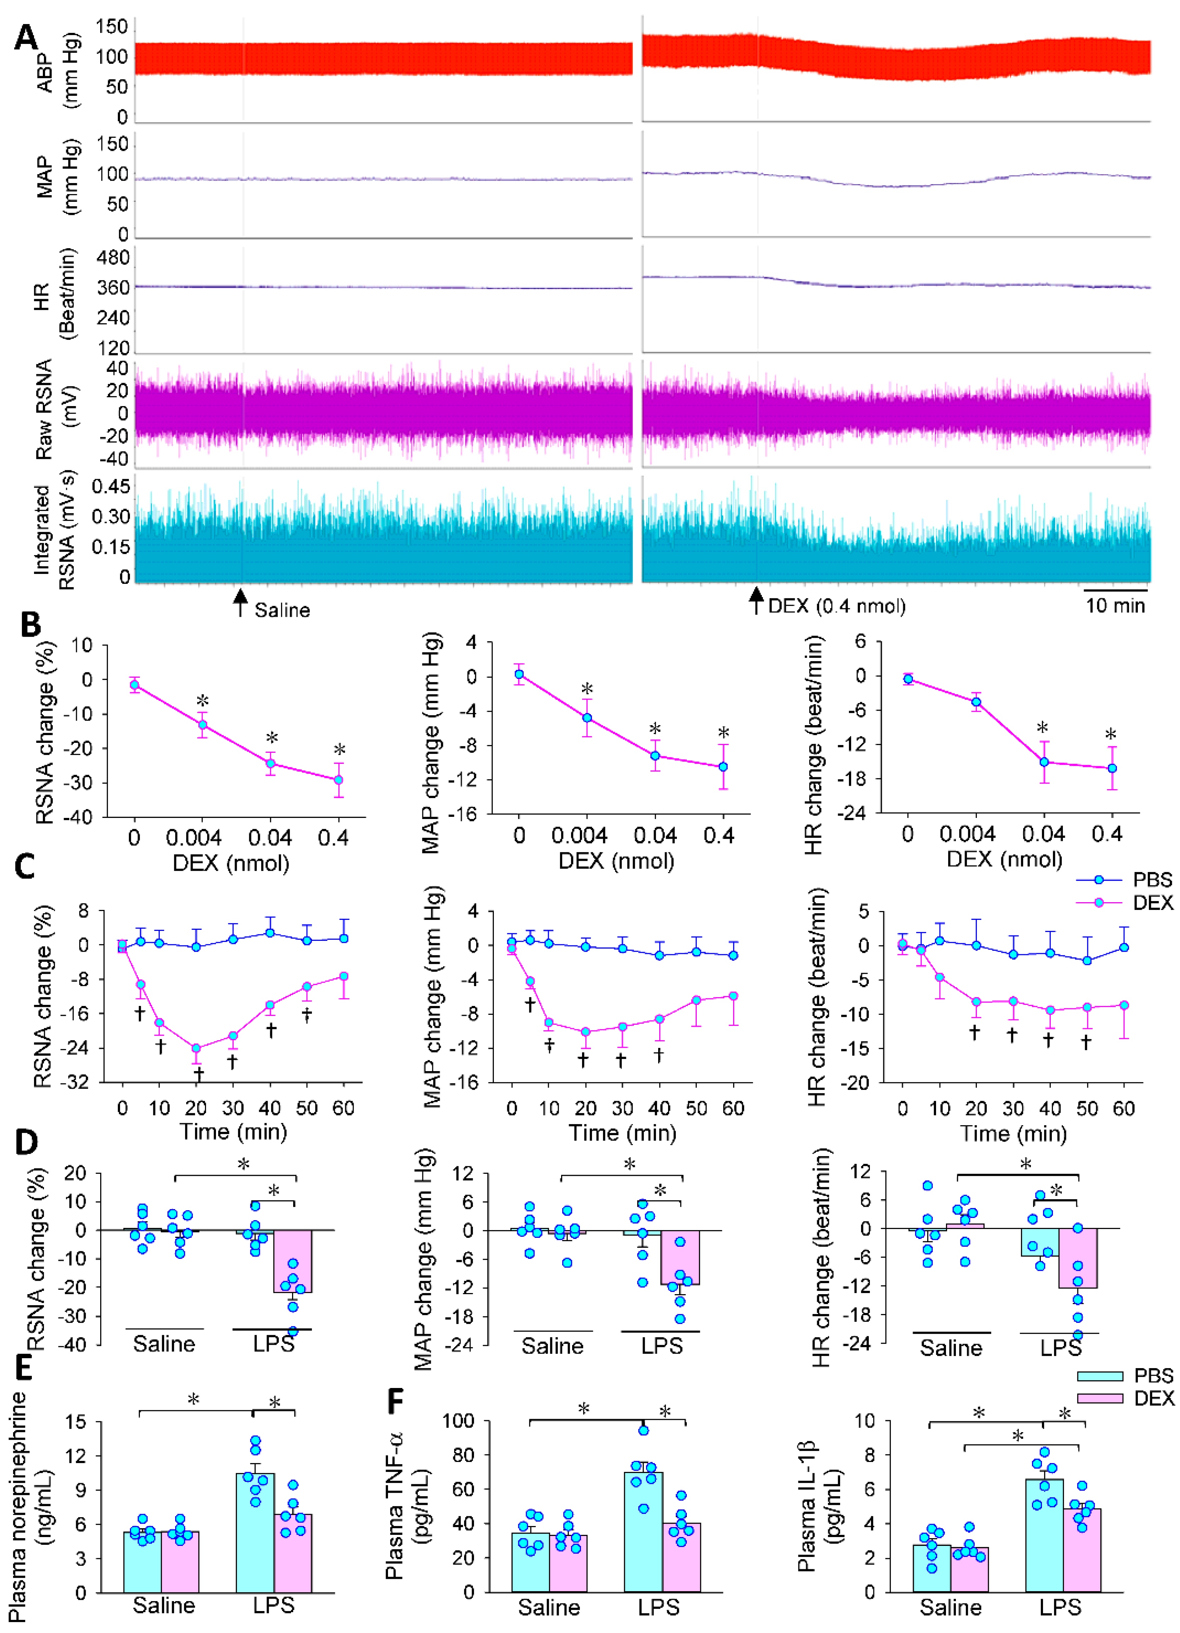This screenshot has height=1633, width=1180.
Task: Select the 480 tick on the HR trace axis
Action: [113, 258]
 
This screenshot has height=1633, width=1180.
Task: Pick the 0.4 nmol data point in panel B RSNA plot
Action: [338, 780]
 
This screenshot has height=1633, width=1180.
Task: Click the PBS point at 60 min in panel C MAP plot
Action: [733, 955]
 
